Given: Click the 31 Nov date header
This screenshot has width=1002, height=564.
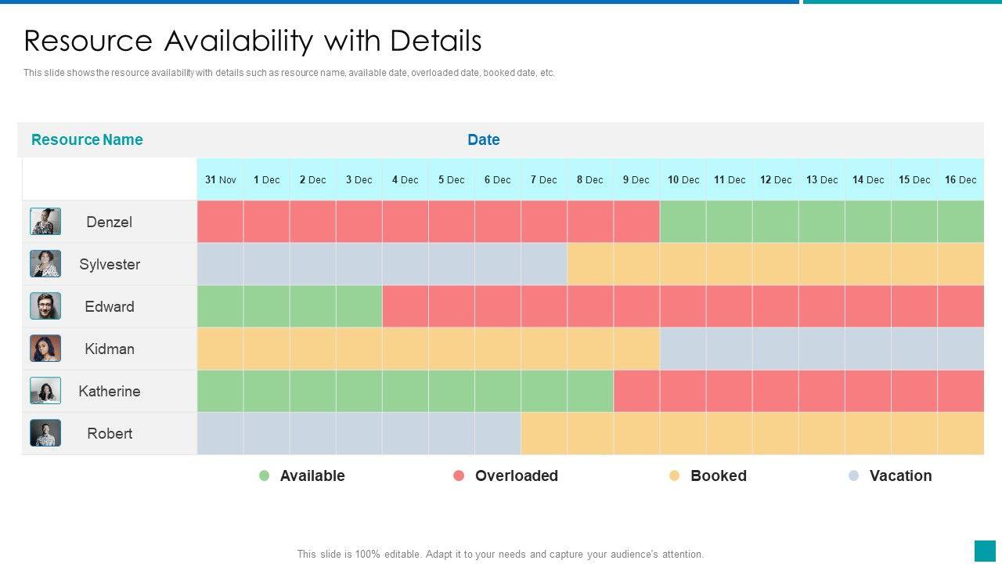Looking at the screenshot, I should (220, 179).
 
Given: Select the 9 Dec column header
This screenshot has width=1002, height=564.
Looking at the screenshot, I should (636, 179).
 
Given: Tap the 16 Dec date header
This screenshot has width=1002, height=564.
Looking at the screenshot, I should (961, 179).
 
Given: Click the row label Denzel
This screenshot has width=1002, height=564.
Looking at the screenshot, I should (109, 222).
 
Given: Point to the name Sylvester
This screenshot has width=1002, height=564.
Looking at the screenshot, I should (110, 264).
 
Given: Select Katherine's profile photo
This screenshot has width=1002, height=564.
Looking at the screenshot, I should (45, 391).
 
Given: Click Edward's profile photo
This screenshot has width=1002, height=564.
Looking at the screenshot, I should (45, 306).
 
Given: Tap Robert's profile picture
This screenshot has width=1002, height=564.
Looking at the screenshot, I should (45, 433).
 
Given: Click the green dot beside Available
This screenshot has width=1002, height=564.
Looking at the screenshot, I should (265, 475).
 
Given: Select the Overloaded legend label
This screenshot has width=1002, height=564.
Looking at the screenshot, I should (516, 475).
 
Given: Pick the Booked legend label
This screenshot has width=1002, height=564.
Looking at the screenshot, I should (718, 475).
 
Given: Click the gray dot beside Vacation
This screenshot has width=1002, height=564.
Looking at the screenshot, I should (854, 475).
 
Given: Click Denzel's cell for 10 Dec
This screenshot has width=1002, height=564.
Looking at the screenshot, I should (683, 222).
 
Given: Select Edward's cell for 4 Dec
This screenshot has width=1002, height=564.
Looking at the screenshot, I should (405, 306).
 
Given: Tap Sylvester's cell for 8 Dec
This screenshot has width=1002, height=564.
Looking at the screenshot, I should (590, 264).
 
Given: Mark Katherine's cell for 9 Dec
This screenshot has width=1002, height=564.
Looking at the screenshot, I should (636, 391).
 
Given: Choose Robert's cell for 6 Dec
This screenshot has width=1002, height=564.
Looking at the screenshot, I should (498, 433).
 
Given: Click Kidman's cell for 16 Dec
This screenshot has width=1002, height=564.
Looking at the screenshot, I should (961, 349).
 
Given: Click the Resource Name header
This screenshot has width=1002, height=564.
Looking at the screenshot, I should (87, 139).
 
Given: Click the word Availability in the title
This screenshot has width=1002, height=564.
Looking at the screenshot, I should (273, 41).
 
